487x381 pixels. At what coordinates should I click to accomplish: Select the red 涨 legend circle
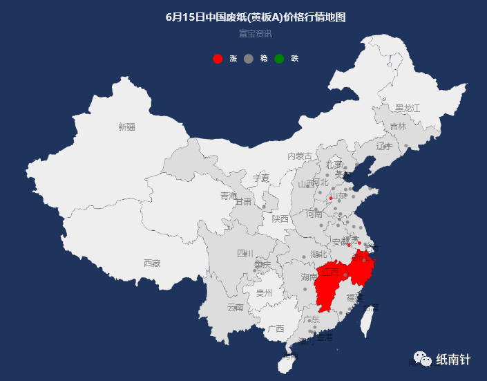[x=218, y=59]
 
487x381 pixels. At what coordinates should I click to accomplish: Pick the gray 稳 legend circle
[x=249, y=59]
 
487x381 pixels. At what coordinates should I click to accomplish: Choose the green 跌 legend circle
[x=279, y=59]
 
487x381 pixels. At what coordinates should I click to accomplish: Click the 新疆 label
[x=126, y=127]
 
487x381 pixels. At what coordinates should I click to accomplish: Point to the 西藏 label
[x=152, y=263]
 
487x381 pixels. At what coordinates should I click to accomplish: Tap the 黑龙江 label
[x=408, y=109]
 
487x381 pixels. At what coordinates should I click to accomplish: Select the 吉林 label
[x=398, y=127]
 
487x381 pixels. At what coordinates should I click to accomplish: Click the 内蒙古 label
[x=300, y=156]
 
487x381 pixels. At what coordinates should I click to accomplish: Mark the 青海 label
[x=229, y=196]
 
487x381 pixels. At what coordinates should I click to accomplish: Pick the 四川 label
[x=245, y=253]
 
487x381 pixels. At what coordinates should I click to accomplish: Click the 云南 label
[x=236, y=307]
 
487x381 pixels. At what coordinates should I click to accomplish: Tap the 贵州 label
[x=264, y=292]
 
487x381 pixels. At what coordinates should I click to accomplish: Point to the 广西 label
[x=276, y=328]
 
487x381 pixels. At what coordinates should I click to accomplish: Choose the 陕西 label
[x=280, y=219]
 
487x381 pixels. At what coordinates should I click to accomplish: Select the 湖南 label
[x=309, y=277]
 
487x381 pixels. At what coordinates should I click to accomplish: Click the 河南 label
[x=314, y=214]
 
